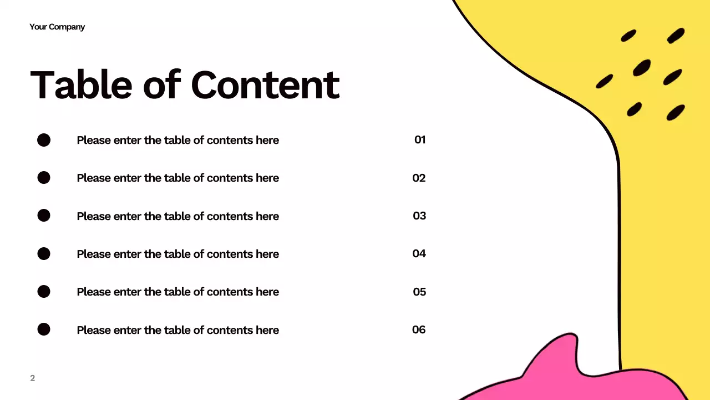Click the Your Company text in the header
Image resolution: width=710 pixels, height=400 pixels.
point(57,27)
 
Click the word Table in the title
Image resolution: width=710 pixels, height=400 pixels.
point(82,85)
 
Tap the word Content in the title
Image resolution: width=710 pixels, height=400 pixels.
point(265,85)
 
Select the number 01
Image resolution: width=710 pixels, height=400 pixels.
point(420,140)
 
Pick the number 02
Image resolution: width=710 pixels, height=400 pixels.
point(419,178)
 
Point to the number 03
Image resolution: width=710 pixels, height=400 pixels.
point(419,216)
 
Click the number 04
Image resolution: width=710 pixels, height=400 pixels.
point(419,253)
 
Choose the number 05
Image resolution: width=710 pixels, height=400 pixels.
point(419,292)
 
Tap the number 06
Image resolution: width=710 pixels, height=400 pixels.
point(419,329)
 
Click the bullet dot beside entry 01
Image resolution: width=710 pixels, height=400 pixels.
point(44,140)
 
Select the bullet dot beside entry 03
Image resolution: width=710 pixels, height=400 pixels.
point(44,216)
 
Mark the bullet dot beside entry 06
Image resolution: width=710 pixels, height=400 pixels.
point(44,329)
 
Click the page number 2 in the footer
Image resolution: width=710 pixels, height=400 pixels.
point(32,378)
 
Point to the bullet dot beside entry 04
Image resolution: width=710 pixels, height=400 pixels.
point(44,254)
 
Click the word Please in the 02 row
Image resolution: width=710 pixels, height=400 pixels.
point(94,178)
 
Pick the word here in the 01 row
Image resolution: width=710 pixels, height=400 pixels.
point(267,140)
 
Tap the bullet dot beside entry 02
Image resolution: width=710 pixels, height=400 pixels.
point(44,178)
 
